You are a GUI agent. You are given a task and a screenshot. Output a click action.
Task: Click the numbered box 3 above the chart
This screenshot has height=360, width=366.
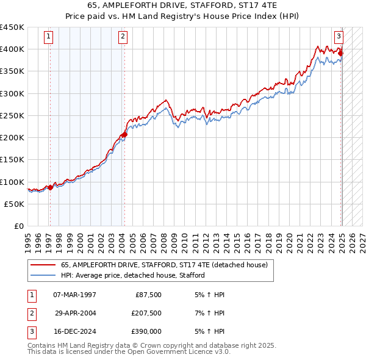pyautogui.click(x=338, y=36)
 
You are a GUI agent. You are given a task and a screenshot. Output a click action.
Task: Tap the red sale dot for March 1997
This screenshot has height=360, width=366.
pyautogui.click(x=50, y=187)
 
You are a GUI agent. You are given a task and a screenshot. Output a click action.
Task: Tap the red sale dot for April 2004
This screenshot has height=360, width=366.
pyautogui.click(x=124, y=134)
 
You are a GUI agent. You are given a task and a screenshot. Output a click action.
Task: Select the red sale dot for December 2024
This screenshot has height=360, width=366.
pyautogui.click(x=341, y=54)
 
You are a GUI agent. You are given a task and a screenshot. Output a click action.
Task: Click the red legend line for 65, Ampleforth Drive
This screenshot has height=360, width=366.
pyautogui.click(x=44, y=265)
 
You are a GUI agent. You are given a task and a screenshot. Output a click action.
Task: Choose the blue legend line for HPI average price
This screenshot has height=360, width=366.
pyautogui.click(x=44, y=276)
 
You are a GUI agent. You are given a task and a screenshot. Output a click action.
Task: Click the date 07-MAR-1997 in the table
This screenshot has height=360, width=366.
pyautogui.click(x=75, y=295)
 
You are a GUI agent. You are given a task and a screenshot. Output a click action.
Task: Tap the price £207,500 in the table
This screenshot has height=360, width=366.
pyautogui.click(x=146, y=313)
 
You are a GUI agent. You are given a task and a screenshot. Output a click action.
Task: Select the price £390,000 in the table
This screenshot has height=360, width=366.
pyautogui.click(x=146, y=331)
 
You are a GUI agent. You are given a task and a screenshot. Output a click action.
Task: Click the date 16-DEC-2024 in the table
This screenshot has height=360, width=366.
pyautogui.click(x=75, y=331)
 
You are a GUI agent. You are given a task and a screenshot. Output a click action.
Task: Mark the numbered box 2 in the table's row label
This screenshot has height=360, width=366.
pyautogui.click(x=30, y=313)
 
